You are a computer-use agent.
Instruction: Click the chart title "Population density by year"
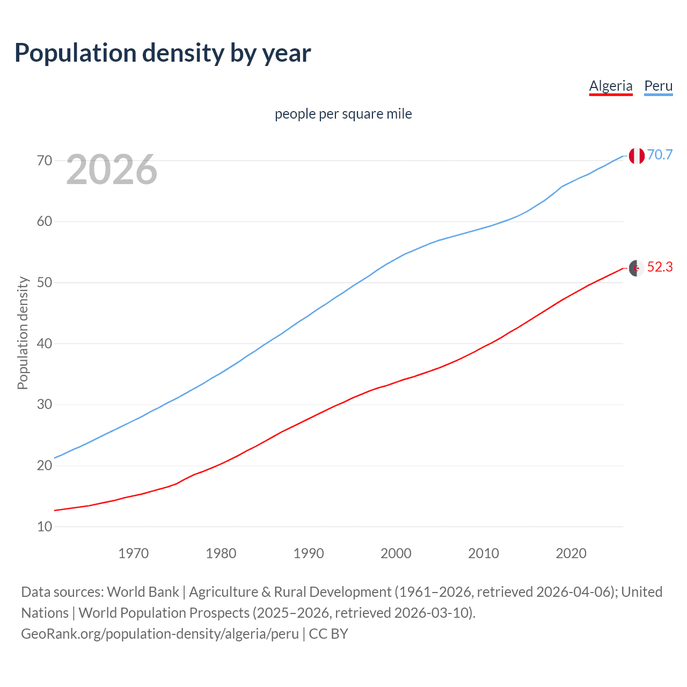click(x=163, y=53)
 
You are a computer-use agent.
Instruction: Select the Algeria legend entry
click(x=611, y=86)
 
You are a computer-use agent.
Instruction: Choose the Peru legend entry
click(x=658, y=86)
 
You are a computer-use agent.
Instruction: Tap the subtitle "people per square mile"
click(x=343, y=114)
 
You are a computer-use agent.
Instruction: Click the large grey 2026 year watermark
click(x=112, y=170)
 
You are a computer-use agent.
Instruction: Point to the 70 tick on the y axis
click(x=45, y=160)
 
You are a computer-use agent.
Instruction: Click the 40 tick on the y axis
click(x=45, y=343)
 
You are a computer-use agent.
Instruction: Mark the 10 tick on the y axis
click(x=45, y=527)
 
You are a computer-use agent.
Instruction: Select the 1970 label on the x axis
click(x=133, y=553)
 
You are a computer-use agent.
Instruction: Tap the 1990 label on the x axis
click(x=309, y=553)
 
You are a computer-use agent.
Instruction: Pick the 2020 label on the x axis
click(x=571, y=553)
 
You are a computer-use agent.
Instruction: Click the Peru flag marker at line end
click(x=637, y=156)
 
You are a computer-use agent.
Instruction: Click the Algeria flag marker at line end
click(x=637, y=268)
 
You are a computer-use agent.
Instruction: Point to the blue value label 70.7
click(x=660, y=155)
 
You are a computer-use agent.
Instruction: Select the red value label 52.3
click(x=660, y=267)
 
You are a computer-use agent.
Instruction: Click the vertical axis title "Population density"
click(x=23, y=333)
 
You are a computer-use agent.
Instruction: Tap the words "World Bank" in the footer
click(x=143, y=592)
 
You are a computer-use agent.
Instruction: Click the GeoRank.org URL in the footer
click(x=160, y=634)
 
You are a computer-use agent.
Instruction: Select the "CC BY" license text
click(x=328, y=634)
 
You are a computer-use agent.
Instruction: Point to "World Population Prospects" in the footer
click(x=164, y=613)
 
